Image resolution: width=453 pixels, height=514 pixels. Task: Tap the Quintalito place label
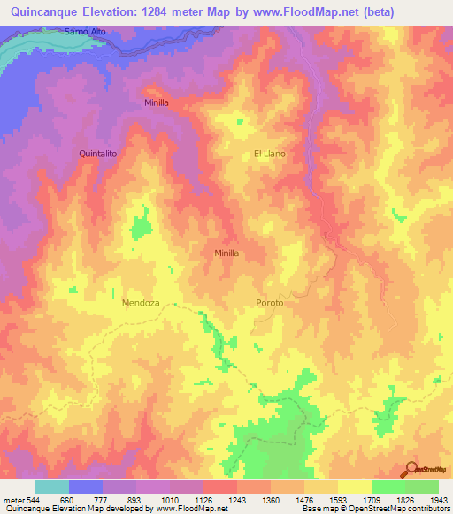point(98,153)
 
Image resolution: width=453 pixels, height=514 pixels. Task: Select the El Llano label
point(270,154)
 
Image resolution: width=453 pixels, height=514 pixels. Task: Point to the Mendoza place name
point(140,303)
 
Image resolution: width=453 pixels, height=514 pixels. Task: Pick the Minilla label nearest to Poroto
point(227,253)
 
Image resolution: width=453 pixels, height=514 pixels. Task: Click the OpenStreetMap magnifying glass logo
point(410,469)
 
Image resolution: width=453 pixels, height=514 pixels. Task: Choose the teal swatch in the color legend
point(52,487)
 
